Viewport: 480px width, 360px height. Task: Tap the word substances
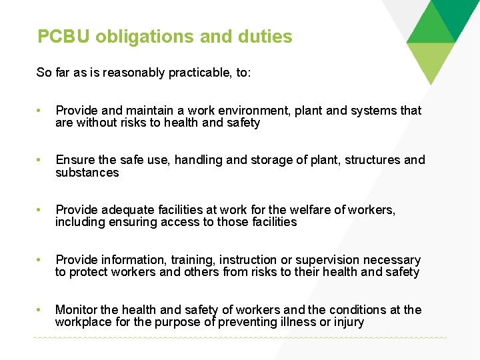(87, 173)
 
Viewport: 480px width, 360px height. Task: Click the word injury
(347, 323)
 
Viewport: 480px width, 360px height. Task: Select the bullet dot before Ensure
(40, 161)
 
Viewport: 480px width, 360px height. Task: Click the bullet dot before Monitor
(40, 311)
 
